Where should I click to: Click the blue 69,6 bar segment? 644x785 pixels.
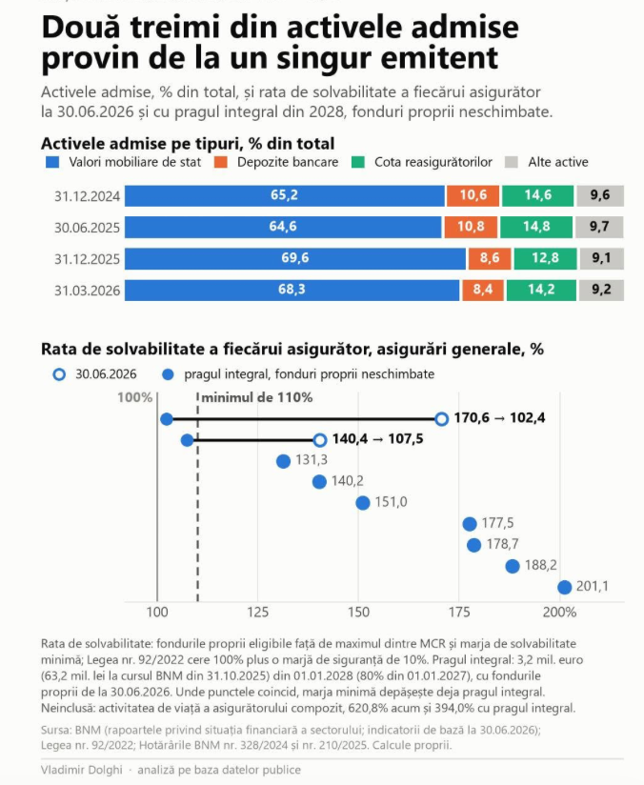coord(295,258)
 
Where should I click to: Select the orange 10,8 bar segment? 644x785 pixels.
coord(471,227)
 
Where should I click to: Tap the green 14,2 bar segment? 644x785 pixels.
coord(541,290)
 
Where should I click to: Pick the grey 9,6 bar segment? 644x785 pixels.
coord(600,195)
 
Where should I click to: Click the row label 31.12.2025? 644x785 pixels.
coord(87,259)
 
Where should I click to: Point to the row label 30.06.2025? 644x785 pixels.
coord(87,228)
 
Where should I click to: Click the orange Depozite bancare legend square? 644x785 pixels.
coord(220,162)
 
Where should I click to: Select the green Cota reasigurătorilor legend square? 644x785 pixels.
coord(358,162)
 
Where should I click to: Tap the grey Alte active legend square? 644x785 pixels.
coord(512,162)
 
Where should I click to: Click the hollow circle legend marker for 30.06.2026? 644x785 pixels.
coord(59,374)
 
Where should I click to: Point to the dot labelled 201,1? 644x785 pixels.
coord(564,587)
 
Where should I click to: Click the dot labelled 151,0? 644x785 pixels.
coord(363,503)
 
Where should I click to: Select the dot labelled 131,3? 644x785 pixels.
coord(284,461)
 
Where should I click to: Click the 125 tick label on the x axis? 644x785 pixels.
coord(258,613)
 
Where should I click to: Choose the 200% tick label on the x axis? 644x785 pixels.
coord(560,613)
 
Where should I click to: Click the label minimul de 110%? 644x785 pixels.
coord(257,397)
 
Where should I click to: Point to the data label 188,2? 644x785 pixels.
coord(541,565)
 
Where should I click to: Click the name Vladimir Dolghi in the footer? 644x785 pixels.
coord(82,770)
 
